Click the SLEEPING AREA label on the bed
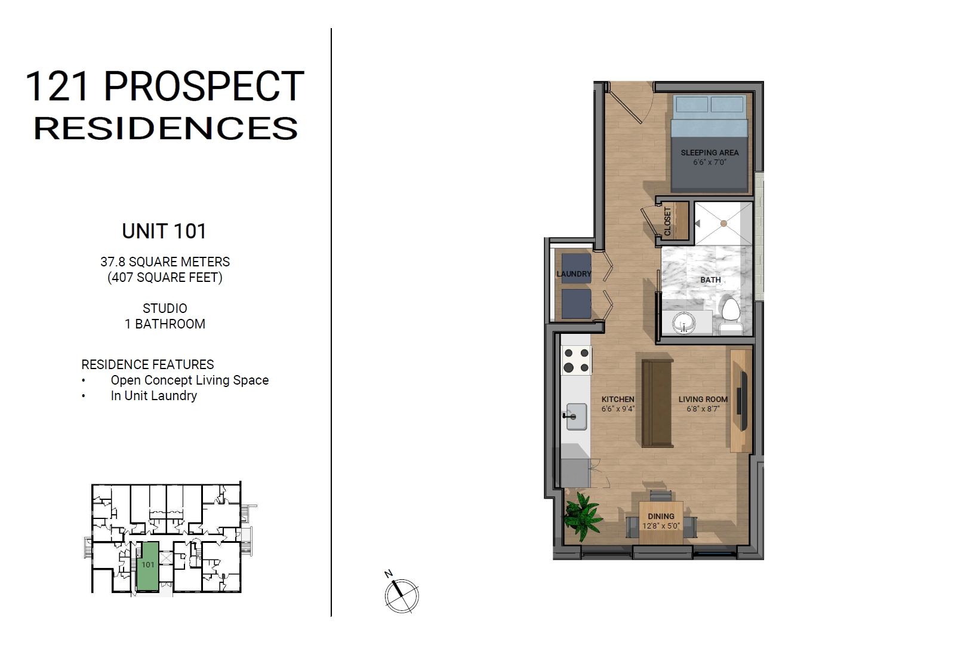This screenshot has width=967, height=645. (x=709, y=152)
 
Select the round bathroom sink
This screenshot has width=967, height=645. (x=684, y=322)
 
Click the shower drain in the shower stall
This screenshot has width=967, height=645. (x=723, y=223)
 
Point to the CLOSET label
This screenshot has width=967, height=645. (x=667, y=221)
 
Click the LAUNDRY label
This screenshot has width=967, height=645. (x=574, y=274)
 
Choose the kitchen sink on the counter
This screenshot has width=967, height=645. (x=576, y=416)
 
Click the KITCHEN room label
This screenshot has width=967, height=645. (x=618, y=399)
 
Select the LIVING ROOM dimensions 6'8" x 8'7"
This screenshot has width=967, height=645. (x=703, y=408)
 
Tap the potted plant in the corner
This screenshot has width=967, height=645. (x=582, y=516)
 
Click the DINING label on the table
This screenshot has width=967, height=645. (x=661, y=516)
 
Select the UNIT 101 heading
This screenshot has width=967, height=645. (x=165, y=231)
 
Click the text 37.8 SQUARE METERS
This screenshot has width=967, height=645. (x=165, y=262)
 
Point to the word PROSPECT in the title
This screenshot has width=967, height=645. (x=204, y=87)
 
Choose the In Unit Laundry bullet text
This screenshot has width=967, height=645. (x=153, y=396)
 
